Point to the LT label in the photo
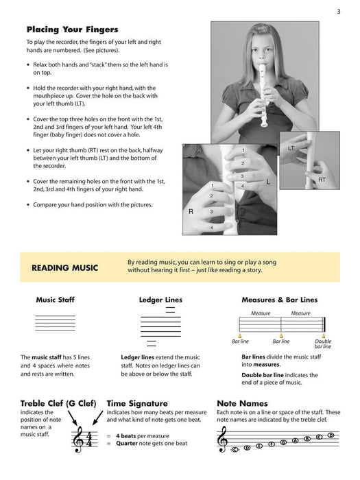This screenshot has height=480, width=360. click(x=291, y=148)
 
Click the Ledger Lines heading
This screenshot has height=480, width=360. click(x=160, y=300)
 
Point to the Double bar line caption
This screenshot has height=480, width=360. click(x=323, y=344)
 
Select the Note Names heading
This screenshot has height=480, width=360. click(x=242, y=403)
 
